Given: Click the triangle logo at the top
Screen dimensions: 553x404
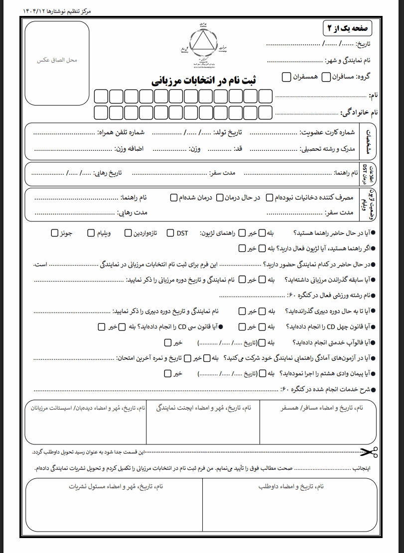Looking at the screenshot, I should [x=202, y=41].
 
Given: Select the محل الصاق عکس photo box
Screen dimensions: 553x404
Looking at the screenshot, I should [x=57, y=60].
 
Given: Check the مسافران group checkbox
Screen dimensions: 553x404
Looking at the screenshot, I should [x=326, y=77].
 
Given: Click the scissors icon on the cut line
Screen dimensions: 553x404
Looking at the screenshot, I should [x=369, y=452].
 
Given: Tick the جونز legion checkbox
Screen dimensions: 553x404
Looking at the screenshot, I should [x=54, y=233].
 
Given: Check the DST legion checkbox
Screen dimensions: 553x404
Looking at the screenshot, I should [x=170, y=233].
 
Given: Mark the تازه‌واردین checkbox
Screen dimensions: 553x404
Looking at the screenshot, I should [x=128, y=233].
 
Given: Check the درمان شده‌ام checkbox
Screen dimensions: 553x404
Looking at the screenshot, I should [x=173, y=198].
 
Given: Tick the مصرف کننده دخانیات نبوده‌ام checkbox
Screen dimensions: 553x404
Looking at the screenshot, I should [x=269, y=198].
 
